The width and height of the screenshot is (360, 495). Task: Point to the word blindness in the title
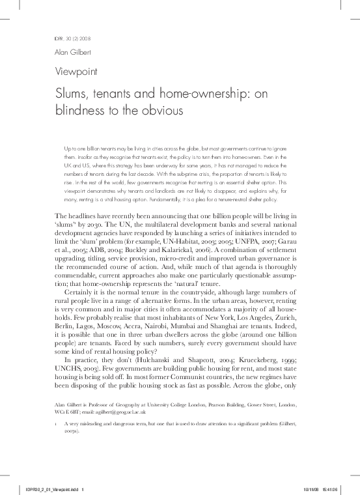tap(83, 111)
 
